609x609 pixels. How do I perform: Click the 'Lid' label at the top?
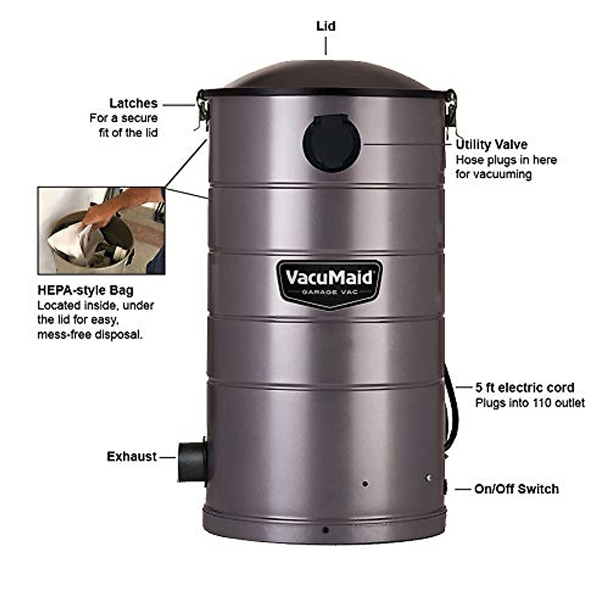coord(326,26)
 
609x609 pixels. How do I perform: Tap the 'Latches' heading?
coord(133,104)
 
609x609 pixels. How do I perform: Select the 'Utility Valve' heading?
coord(491,145)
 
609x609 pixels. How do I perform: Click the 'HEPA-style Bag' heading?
coord(85,290)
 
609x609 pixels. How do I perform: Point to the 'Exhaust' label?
coord(131,457)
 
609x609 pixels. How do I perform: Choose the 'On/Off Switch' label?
coord(516,489)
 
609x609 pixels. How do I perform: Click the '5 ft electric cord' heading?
coord(525,388)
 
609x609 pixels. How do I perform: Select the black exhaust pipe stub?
coord(191,461)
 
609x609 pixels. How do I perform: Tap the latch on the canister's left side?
coord(202,109)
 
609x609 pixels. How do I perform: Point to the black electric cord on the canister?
coord(451,406)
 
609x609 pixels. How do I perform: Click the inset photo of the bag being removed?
coord(101,231)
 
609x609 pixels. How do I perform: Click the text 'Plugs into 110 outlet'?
coord(530,403)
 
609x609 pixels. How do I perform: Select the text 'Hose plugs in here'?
coord(506,160)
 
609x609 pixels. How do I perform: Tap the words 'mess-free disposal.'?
coord(90,335)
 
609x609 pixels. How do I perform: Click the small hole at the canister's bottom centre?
coord(325,530)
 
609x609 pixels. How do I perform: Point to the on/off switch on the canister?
coord(445,488)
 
